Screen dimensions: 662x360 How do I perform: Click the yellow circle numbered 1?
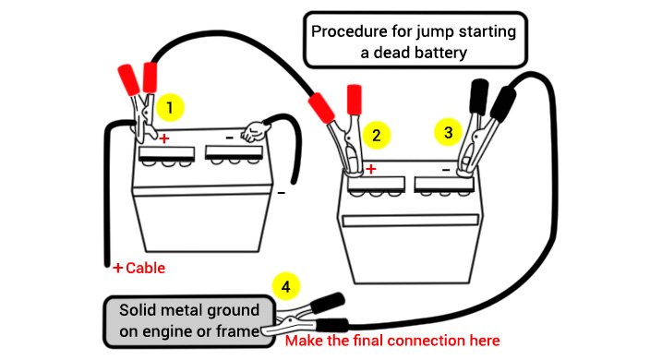[x=170, y=107]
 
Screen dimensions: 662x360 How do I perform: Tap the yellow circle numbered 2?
[x=376, y=135]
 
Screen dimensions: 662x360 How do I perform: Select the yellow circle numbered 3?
[x=449, y=132]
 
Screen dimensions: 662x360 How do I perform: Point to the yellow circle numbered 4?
[x=286, y=287]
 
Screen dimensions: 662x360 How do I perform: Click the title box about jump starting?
[x=415, y=40]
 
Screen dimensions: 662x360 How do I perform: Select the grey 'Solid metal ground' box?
[x=189, y=321]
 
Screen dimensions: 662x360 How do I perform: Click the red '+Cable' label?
[x=138, y=268]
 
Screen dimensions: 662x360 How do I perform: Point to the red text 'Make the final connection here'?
[x=392, y=341]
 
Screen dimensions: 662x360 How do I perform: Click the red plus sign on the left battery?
[x=163, y=138]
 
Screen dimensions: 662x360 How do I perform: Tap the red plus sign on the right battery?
[x=370, y=169]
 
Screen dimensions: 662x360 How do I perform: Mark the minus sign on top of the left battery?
[x=229, y=138]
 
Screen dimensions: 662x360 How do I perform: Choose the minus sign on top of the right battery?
[x=446, y=170]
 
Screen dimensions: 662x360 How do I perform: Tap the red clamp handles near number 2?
[x=338, y=102]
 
